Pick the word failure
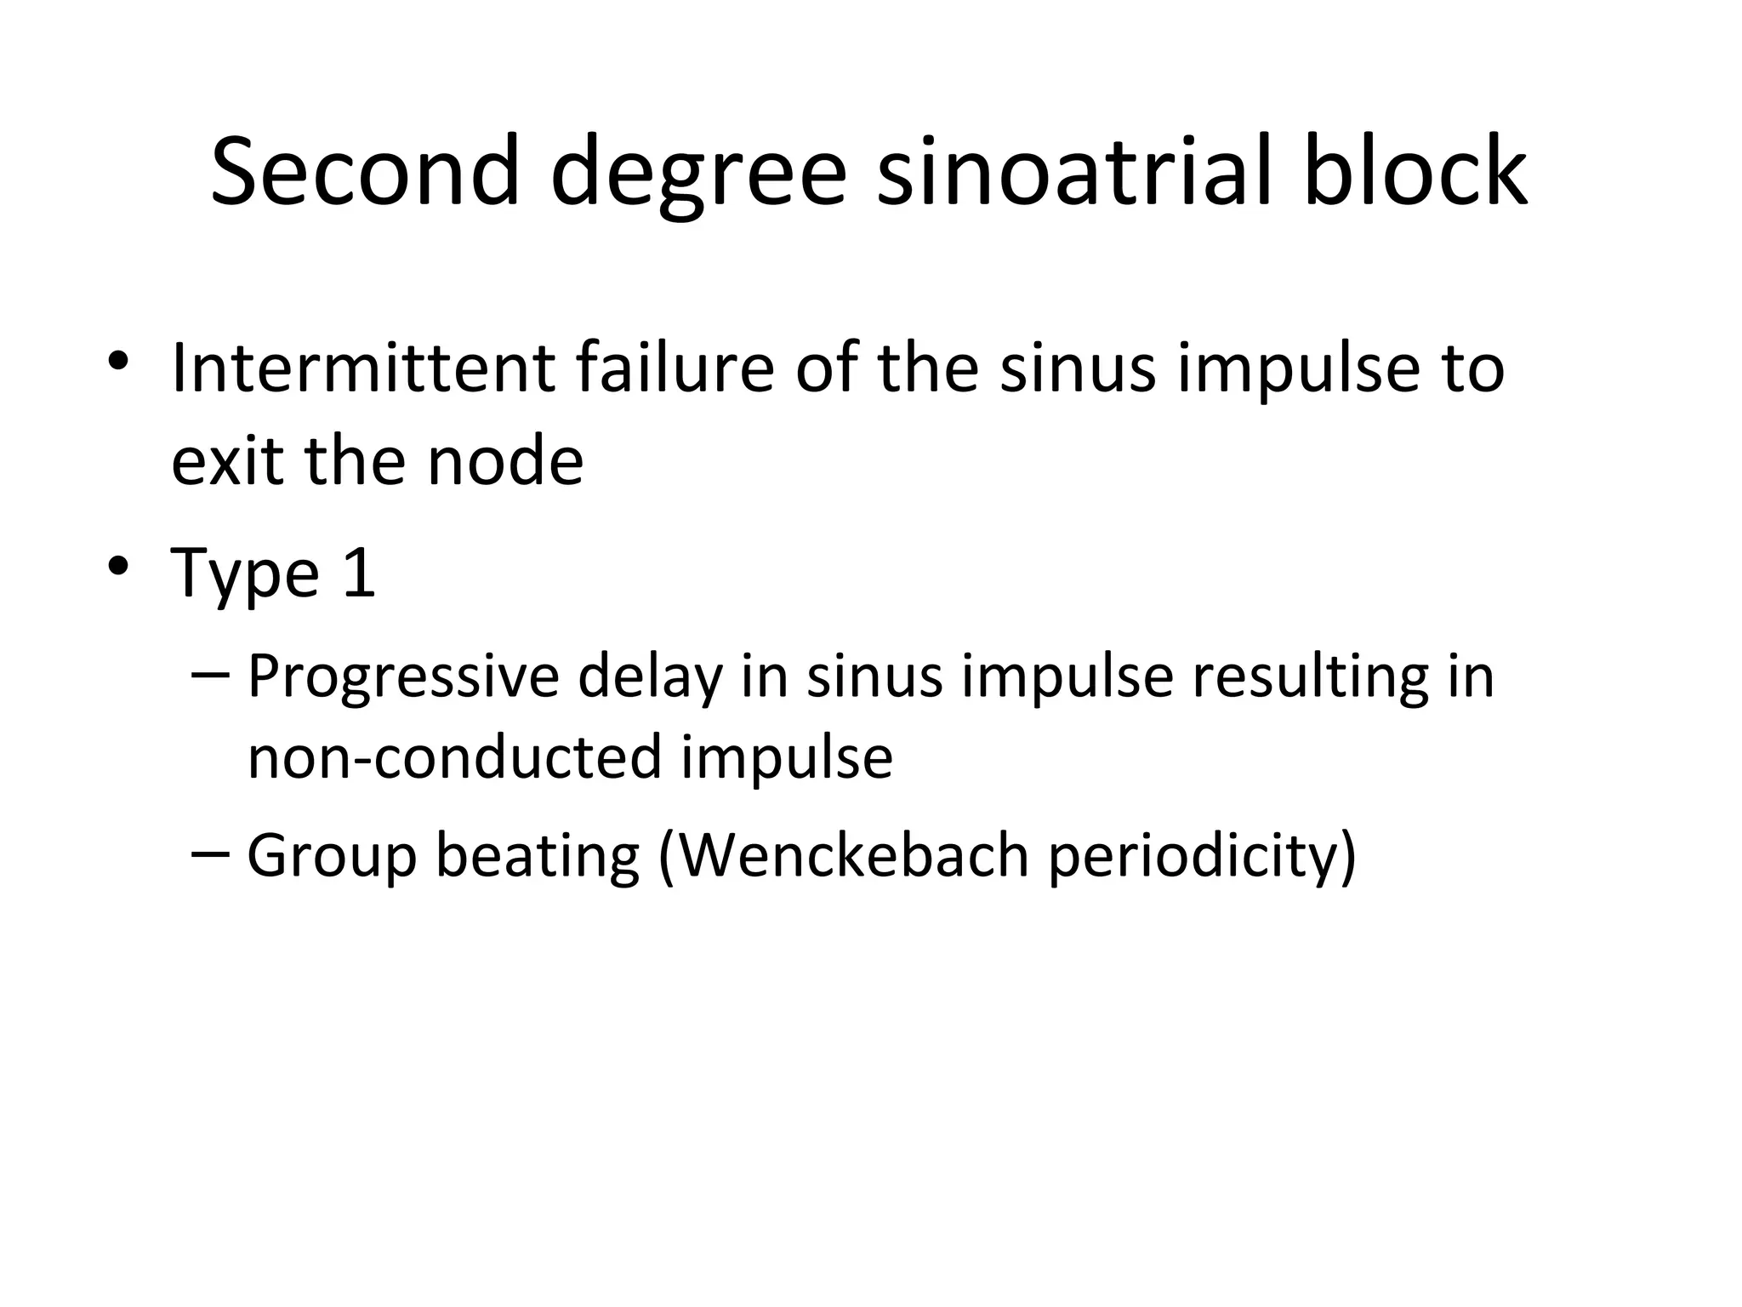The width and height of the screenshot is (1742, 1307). pos(675,368)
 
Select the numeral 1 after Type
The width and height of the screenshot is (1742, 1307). pos(358,572)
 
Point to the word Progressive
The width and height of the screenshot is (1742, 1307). pos(403,678)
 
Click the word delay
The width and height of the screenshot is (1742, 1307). pos(650,678)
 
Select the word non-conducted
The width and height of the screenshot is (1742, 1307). pos(454,756)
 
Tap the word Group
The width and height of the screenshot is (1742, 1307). pos(332,856)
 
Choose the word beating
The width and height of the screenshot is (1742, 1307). pos(538,856)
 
